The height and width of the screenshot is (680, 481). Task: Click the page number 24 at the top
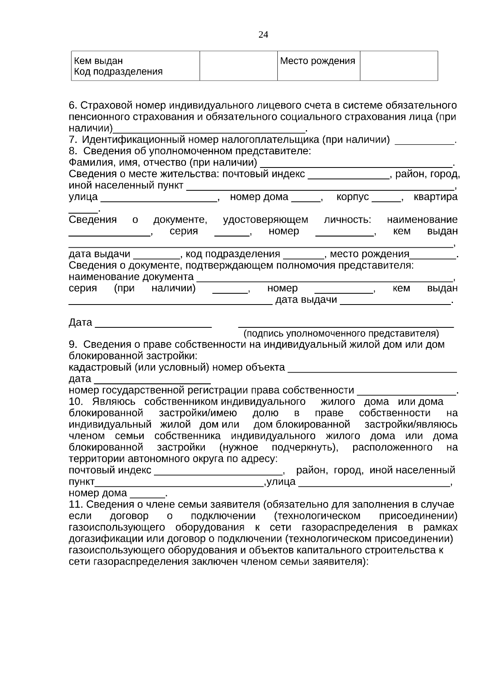(263, 34)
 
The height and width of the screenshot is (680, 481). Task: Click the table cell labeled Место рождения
(317, 61)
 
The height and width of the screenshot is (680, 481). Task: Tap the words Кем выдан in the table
(98, 61)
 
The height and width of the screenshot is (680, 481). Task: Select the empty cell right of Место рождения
(398, 66)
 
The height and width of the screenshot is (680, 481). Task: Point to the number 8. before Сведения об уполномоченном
(73, 151)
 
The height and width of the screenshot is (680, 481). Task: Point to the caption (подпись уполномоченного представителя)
(342, 333)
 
